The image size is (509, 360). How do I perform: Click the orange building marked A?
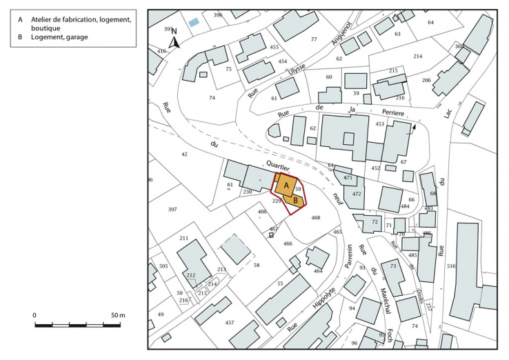click(x=286, y=186)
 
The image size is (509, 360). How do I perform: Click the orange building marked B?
click(x=295, y=200)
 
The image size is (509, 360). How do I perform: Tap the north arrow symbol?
click(x=174, y=39)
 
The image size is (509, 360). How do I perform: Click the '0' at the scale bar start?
click(x=34, y=315)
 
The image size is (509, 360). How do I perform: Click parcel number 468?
click(x=315, y=218)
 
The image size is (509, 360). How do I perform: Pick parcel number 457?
click(x=230, y=322)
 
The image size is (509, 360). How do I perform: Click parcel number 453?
click(x=380, y=124)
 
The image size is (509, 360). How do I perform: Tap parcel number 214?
click(x=417, y=56)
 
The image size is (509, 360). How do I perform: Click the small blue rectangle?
click(x=194, y=23)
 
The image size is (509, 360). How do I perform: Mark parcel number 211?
click(x=183, y=238)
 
